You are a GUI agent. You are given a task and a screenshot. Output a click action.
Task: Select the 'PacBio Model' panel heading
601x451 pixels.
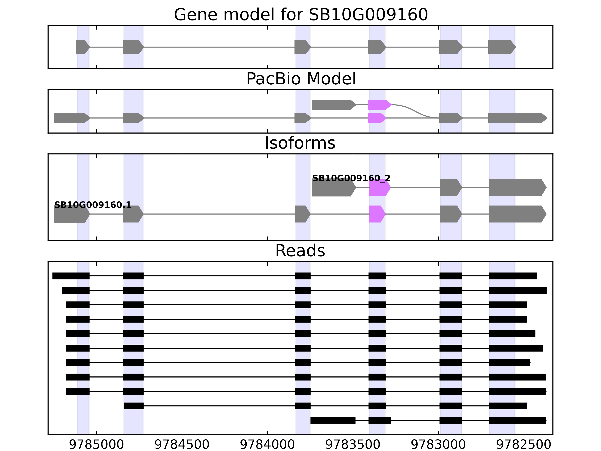coord(301,79)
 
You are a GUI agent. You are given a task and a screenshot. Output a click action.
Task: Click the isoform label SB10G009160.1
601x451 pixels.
coord(93,205)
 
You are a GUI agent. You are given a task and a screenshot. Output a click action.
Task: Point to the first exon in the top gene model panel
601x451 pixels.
coord(82,47)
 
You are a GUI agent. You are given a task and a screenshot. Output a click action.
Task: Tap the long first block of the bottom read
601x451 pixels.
coord(333,420)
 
